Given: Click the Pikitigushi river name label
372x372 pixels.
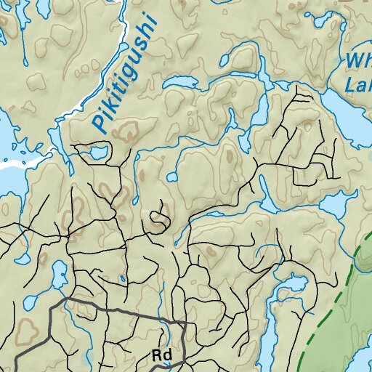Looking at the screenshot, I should tap(125, 77).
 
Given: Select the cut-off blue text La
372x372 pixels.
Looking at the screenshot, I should tap(358, 87).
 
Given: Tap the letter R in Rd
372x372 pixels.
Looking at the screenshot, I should tap(156, 355).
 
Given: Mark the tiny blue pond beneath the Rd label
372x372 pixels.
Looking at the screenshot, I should tap(166, 364).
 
